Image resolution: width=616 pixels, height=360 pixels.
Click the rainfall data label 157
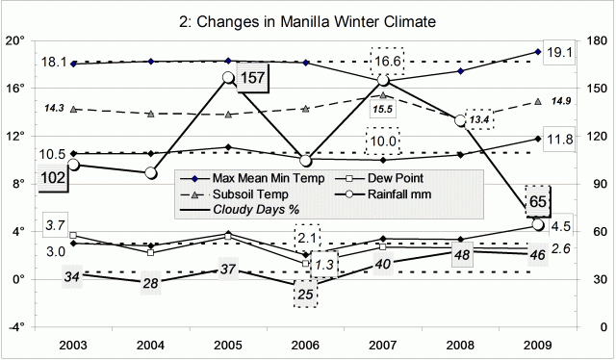(251, 78)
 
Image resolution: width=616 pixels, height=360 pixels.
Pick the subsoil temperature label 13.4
(479, 119)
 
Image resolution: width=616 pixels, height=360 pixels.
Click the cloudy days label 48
(462, 255)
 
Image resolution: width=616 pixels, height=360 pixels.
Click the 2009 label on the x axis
(537, 344)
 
